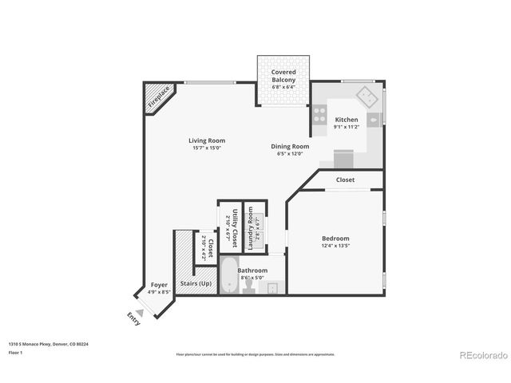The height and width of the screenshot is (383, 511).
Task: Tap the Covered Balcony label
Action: click(283, 76)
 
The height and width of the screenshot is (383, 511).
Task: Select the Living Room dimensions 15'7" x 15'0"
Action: click(206, 148)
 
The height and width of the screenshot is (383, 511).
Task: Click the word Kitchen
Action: click(346, 120)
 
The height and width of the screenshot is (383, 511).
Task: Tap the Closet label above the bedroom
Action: click(345, 180)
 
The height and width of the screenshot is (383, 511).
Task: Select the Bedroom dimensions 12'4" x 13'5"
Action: click(335, 246)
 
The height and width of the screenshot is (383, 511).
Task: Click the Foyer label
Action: click(159, 286)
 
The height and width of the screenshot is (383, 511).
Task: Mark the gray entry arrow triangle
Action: click(140, 313)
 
